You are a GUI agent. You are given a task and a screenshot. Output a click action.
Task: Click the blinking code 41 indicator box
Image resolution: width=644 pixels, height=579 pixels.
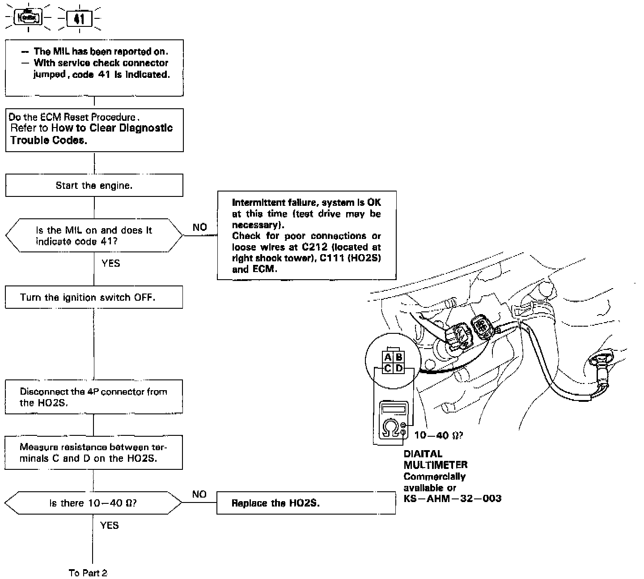79,19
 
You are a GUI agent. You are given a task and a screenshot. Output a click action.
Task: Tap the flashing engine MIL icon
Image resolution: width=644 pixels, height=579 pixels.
28,18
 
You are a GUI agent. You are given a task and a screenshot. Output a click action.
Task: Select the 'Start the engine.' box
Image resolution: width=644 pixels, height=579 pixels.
94,185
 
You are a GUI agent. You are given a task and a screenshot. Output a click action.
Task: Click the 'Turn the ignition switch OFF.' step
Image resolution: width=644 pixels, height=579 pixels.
94,297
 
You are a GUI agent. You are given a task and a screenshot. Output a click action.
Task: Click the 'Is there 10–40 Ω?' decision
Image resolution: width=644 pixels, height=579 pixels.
93,503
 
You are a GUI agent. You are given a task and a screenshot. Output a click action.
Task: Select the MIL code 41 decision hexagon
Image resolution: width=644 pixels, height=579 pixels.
94,235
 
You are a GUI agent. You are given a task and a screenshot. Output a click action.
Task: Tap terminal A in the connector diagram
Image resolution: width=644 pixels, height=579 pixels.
388,357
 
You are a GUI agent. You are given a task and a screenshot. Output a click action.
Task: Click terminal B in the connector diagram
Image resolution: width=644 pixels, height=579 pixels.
399,357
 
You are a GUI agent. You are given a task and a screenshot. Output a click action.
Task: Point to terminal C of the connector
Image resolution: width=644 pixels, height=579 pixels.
388,368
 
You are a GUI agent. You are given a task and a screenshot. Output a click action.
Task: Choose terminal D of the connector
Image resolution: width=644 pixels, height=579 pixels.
399,368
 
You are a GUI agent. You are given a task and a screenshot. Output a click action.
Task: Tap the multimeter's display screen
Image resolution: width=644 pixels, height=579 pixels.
394,409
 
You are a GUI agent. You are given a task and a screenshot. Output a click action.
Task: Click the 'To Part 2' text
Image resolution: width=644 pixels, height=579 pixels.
88,573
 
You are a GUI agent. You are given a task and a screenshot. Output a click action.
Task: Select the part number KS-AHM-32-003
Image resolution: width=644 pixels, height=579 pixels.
452,498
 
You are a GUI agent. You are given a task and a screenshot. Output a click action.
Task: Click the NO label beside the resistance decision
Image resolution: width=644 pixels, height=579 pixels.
199,494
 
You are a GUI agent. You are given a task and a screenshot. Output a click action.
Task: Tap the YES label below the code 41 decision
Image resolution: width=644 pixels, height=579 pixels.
110,263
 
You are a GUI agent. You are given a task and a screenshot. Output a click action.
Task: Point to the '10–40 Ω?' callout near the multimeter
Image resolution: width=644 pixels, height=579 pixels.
438,435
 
